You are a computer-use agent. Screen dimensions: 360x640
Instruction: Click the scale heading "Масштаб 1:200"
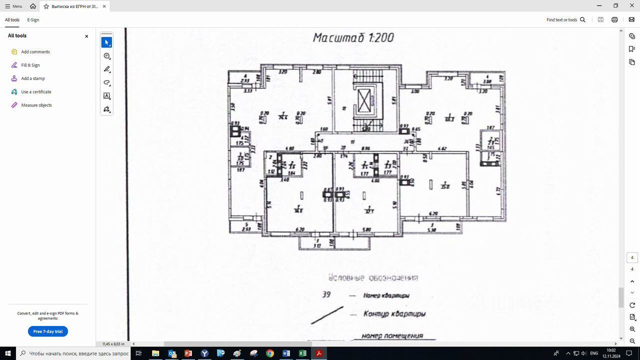(x=353, y=37)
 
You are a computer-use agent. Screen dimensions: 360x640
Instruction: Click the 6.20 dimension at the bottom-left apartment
(x=299, y=229)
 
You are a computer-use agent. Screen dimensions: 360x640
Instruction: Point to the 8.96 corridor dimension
(x=365, y=148)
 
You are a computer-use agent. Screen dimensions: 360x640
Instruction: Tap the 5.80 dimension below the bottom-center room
(x=366, y=229)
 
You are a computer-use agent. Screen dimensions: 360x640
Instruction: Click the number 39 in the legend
(x=326, y=295)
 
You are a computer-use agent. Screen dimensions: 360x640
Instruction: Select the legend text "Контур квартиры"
(x=394, y=314)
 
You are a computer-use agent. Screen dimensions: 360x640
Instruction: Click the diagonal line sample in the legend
(x=327, y=315)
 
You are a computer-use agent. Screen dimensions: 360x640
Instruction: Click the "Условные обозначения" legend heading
(x=373, y=278)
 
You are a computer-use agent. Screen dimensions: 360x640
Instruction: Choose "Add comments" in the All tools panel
(x=35, y=52)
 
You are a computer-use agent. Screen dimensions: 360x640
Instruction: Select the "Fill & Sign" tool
(x=30, y=65)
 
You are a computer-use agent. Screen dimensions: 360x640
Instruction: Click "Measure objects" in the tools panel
(x=36, y=105)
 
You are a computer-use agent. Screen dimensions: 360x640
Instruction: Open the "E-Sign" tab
(x=33, y=20)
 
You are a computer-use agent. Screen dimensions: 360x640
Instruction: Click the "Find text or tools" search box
(x=565, y=20)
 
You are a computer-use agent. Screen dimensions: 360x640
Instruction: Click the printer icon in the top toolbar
(x=614, y=20)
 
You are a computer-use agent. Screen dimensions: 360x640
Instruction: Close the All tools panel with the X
(x=86, y=36)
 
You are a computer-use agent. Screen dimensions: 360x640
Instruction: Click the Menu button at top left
(x=13, y=6)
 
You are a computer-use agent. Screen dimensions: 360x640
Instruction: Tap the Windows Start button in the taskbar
(x=8, y=353)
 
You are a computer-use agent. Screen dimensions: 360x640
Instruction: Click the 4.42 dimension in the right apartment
(x=441, y=148)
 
